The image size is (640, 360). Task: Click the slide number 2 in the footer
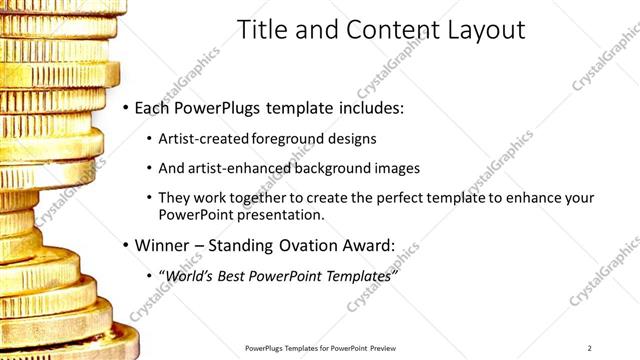590,347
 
